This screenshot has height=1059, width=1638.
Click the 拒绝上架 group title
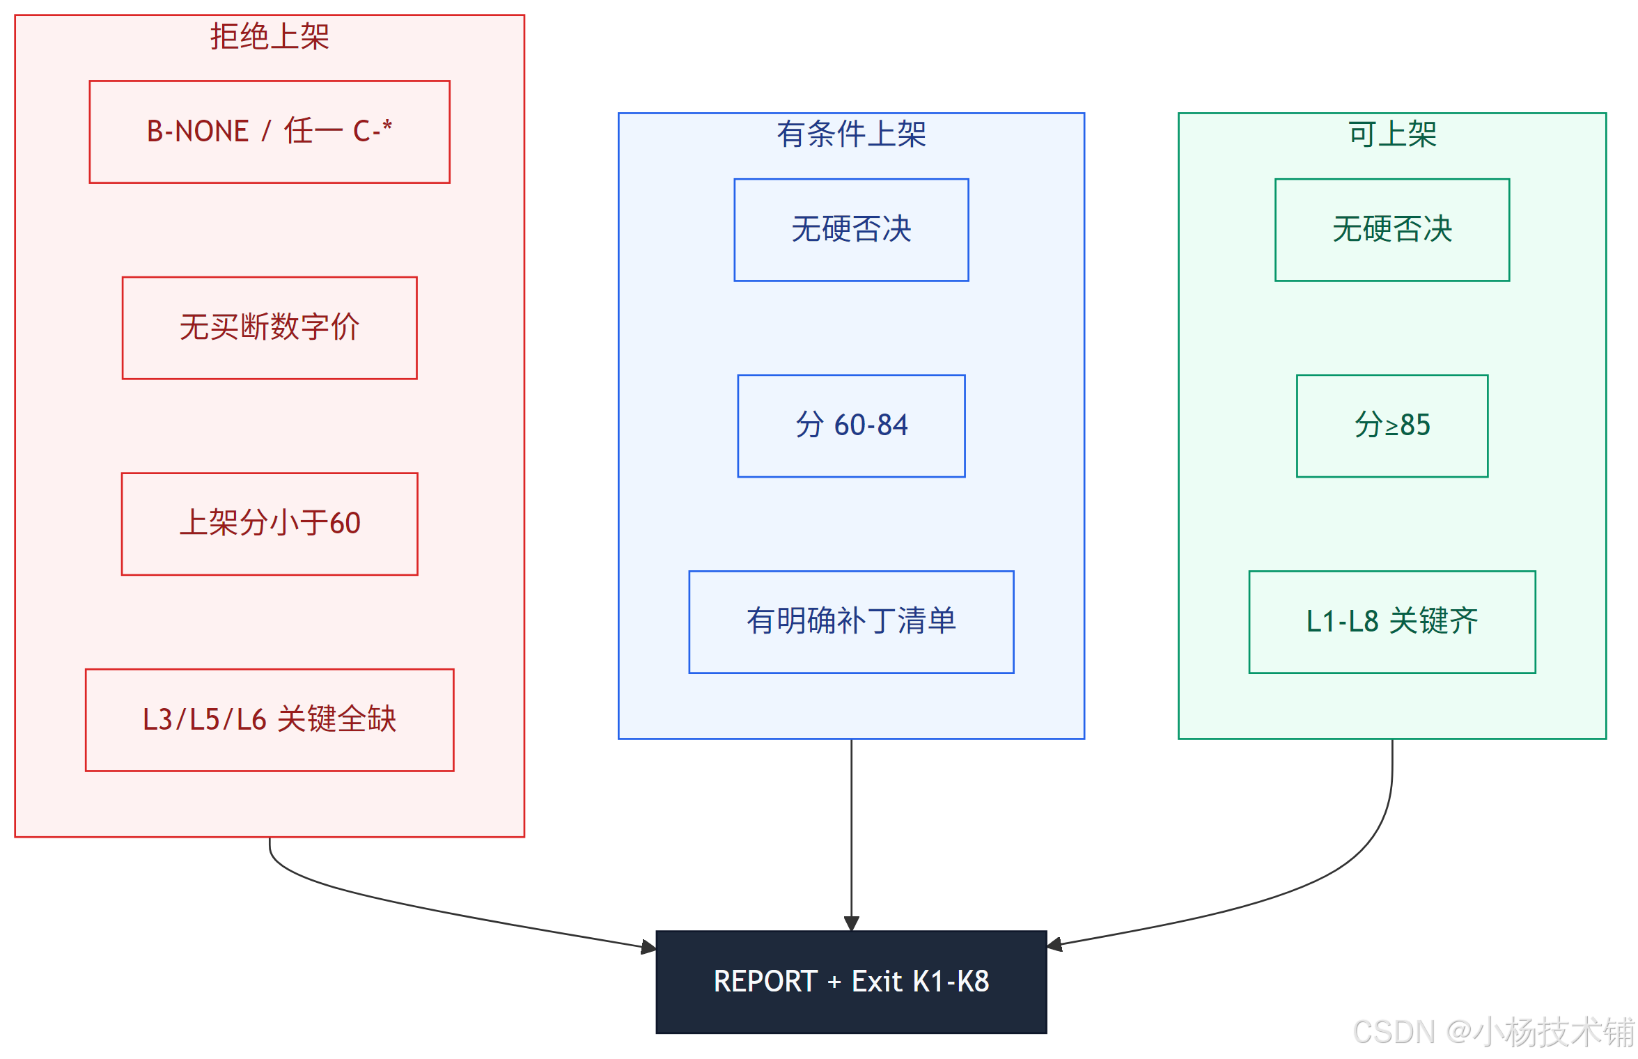270,36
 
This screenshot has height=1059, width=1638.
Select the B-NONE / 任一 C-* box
270,132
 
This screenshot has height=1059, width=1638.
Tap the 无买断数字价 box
270,328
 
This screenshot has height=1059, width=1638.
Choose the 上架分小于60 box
270,524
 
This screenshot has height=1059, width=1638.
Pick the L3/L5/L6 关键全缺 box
270,720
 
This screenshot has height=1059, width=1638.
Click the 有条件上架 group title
851,134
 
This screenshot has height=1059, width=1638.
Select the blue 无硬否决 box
851,230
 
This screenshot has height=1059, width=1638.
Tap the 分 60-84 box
851,426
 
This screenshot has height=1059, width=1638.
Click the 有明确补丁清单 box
851,622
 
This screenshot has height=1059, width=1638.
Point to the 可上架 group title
1392,134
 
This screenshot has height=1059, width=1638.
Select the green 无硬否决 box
1392,230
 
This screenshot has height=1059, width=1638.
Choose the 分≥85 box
1392,426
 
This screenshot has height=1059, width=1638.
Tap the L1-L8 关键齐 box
1392,622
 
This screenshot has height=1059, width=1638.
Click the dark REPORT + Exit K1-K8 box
851,982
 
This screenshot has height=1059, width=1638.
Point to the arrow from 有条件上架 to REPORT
851,835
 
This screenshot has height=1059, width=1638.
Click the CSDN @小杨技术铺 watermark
1493,1031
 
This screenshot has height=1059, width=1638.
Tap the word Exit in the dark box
877,982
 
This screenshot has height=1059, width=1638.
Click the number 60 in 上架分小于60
345,524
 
